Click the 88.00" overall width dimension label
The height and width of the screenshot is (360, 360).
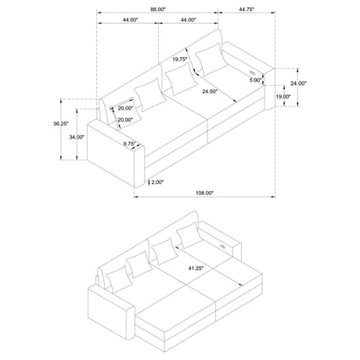click(158, 9)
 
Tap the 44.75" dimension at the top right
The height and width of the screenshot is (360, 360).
click(247, 9)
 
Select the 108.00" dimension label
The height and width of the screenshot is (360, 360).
click(204, 193)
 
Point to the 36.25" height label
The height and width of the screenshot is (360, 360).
click(61, 124)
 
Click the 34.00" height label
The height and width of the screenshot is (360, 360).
click(77, 137)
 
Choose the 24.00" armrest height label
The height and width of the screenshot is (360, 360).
click(298, 84)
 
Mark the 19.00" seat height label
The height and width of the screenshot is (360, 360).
click(283, 96)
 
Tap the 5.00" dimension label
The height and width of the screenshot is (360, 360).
click(255, 80)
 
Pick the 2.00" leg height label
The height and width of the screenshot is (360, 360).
click(157, 182)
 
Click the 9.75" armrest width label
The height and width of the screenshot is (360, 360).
click(130, 143)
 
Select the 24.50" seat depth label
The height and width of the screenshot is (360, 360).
click(210, 92)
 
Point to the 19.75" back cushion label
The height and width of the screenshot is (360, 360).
click(180, 59)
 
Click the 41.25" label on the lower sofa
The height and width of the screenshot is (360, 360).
click(196, 268)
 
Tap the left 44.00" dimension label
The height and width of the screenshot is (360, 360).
click(130, 20)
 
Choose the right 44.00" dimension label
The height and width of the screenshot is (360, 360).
click(188, 20)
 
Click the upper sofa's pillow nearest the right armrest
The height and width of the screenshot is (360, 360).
click(211, 59)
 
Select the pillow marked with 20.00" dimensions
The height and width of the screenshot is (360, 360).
click(125, 113)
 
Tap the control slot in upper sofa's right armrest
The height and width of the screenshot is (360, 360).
click(252, 72)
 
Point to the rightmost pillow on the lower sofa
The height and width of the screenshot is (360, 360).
click(189, 236)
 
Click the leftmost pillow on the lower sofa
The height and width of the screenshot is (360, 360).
click(119, 279)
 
